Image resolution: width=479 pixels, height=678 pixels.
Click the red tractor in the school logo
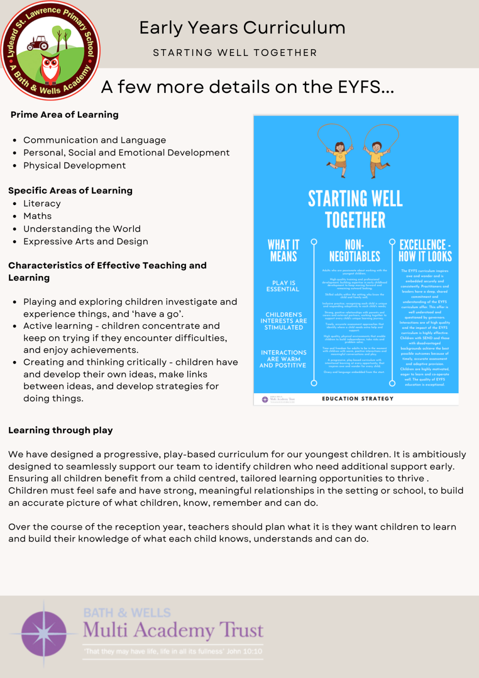38,43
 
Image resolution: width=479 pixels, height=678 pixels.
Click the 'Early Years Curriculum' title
242,28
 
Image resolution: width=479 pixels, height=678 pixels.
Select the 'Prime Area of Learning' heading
64,115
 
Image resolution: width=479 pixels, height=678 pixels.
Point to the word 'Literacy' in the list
42,204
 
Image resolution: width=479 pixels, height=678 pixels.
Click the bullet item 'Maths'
37,216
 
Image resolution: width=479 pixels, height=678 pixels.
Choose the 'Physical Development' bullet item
75,166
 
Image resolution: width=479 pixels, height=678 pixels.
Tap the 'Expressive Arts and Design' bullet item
86,242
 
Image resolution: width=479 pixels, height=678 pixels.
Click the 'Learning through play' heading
61,431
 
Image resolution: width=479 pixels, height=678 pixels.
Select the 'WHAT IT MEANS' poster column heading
283,250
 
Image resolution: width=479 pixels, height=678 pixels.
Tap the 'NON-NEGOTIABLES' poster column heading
354,250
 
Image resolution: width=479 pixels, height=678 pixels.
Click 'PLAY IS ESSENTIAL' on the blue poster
283,286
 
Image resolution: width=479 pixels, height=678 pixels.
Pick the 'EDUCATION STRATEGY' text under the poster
358,399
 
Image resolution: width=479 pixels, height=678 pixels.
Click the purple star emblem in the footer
44,634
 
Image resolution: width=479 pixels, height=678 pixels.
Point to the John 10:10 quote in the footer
173,651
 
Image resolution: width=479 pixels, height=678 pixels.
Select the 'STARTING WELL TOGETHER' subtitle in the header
235,53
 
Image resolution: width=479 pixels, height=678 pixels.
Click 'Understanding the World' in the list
82,229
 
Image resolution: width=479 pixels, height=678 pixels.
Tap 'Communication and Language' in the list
94,140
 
